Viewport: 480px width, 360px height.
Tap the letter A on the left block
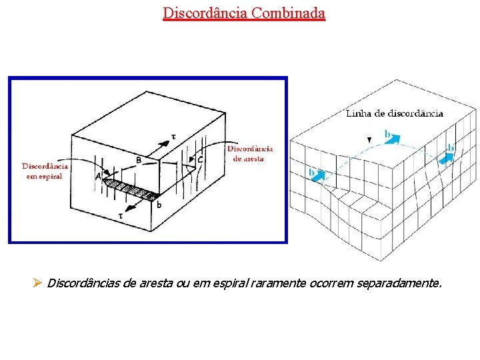pyautogui.click(x=99, y=177)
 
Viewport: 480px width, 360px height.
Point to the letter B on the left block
pyautogui.click(x=139, y=160)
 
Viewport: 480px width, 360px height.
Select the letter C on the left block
pyautogui.click(x=200, y=160)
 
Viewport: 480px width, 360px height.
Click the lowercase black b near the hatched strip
pyautogui.click(x=159, y=204)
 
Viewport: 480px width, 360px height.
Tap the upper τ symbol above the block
pyautogui.click(x=174, y=136)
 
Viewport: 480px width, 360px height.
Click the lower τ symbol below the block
pyautogui.click(x=121, y=215)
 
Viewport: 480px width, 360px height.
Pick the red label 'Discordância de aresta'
pyautogui.click(x=250, y=153)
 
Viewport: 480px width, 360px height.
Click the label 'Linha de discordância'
pyautogui.click(x=395, y=113)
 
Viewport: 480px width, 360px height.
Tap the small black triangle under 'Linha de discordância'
pyautogui.click(x=369, y=139)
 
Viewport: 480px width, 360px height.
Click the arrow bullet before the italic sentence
pyautogui.click(x=37, y=283)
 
